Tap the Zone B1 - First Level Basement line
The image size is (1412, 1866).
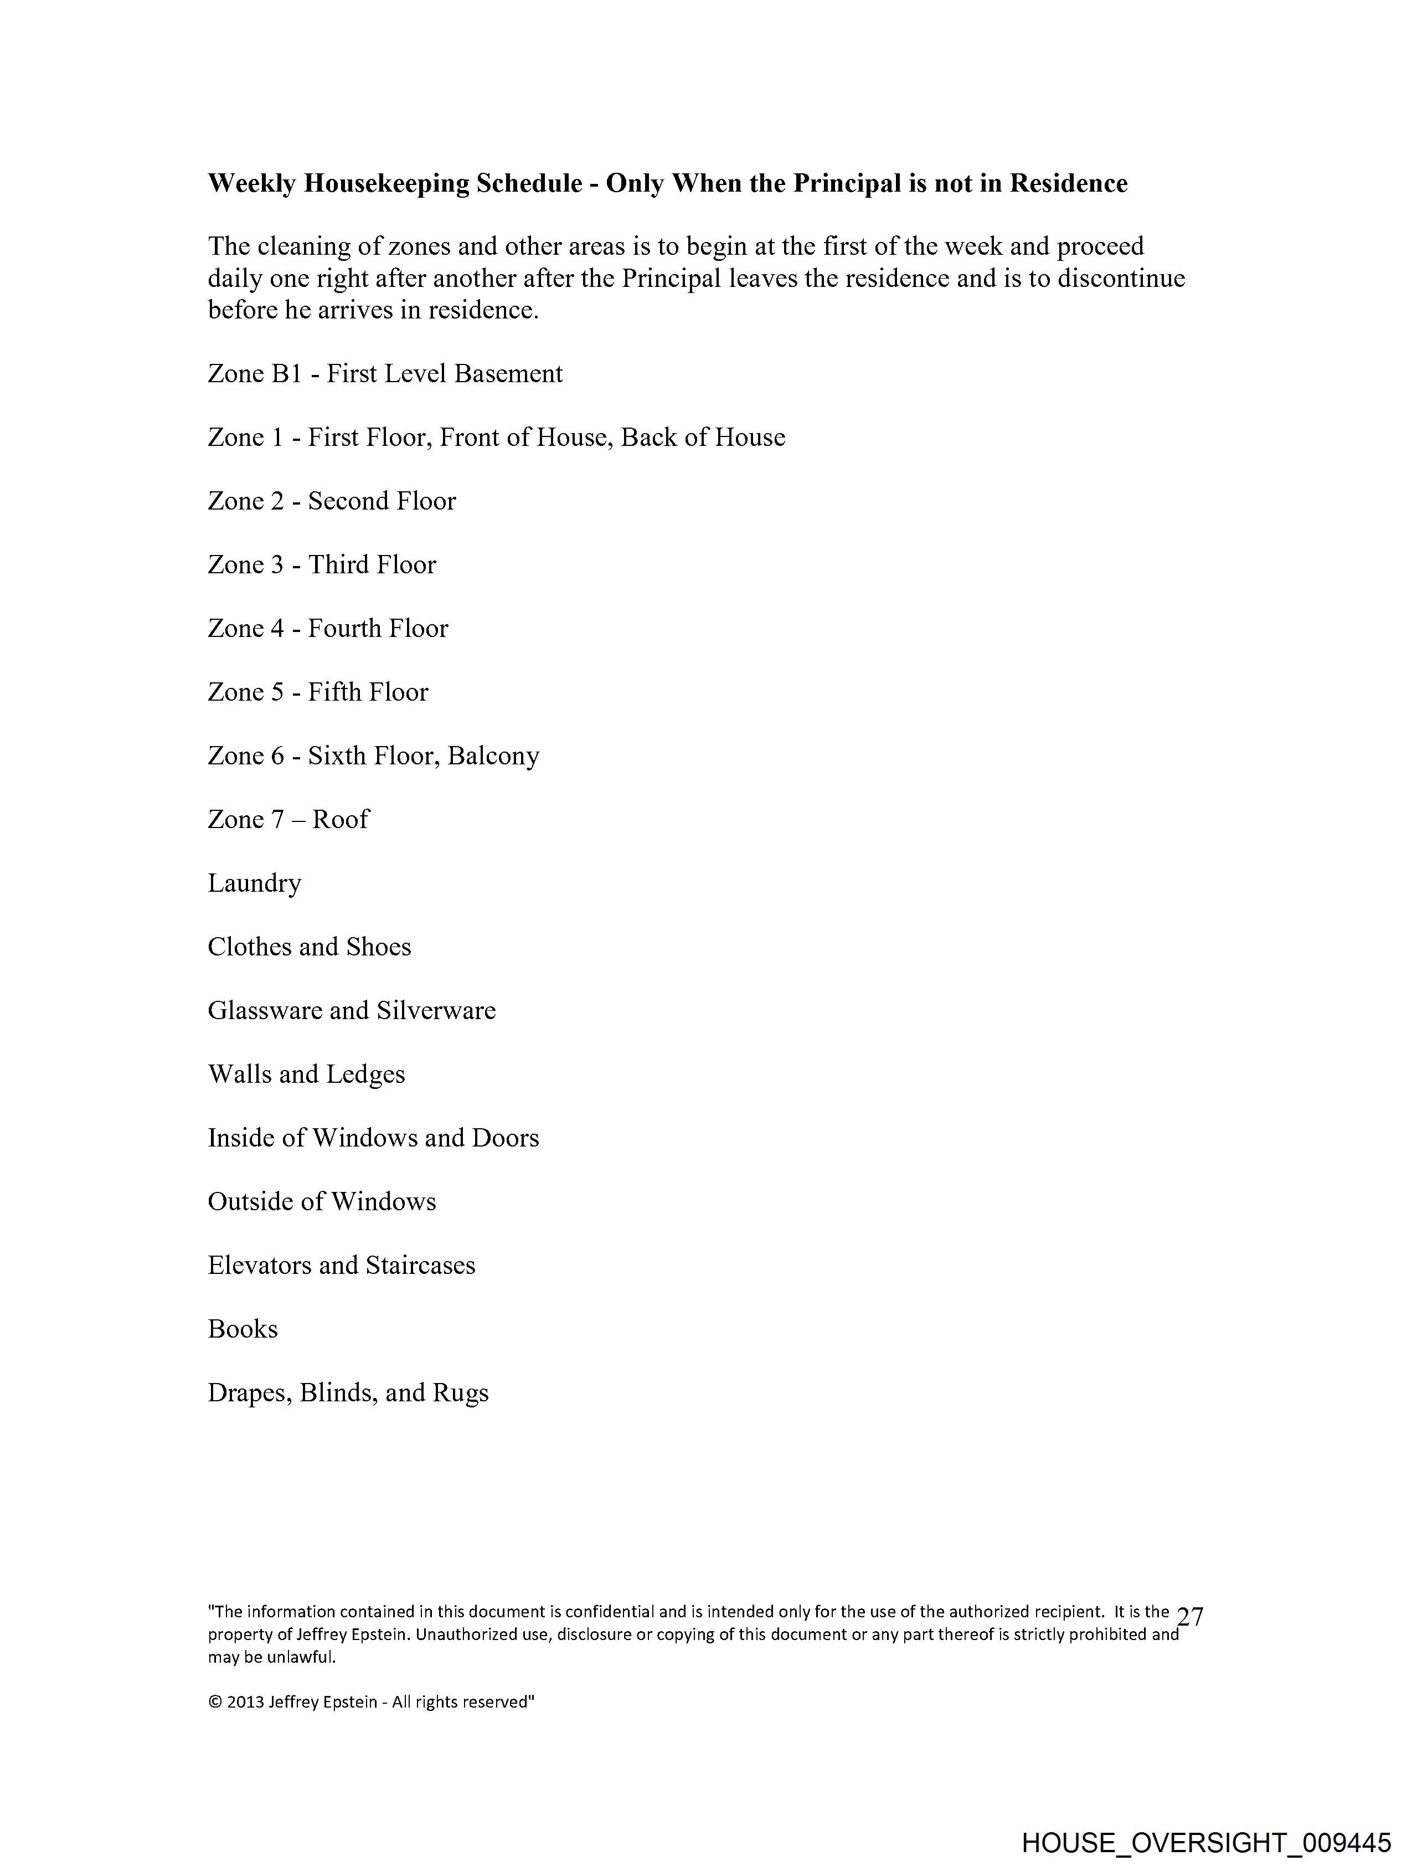click(x=385, y=374)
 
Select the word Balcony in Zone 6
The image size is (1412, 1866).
click(x=493, y=756)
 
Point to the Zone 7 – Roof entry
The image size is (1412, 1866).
click(x=288, y=819)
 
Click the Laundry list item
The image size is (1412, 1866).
click(x=254, y=883)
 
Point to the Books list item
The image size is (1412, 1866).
click(x=243, y=1329)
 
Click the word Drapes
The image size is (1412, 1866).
click(x=250, y=1393)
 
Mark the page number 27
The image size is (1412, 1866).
click(x=1189, y=1617)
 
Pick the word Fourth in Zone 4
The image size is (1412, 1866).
click(x=342, y=629)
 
